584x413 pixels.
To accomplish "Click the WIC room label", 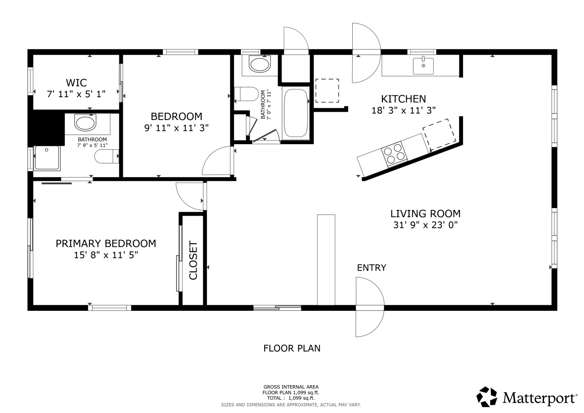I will (x=76, y=83).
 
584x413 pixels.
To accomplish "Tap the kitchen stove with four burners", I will (x=394, y=154).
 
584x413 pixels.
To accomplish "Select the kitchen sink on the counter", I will (x=423, y=66).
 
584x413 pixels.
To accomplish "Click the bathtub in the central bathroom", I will (x=296, y=113).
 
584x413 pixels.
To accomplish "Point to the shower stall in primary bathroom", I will (x=47, y=157).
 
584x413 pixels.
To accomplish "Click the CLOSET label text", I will (x=193, y=260).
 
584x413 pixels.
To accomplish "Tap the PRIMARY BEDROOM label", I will (x=106, y=244).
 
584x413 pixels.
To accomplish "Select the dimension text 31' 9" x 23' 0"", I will (x=425, y=225).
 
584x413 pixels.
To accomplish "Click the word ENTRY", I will (x=371, y=268).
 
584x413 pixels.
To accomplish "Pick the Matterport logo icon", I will (x=487, y=397).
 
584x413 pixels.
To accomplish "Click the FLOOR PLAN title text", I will (x=292, y=349).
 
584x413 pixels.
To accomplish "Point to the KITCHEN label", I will (x=403, y=99).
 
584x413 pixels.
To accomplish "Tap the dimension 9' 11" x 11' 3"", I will (x=177, y=128).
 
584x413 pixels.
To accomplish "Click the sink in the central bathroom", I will (x=260, y=64).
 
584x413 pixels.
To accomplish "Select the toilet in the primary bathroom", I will (x=106, y=157).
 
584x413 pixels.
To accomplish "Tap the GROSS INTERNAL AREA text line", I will (x=291, y=387).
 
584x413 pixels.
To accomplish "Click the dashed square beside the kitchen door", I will (x=327, y=90).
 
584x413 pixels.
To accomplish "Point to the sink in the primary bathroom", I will (x=86, y=123).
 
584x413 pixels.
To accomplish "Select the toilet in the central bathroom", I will (x=246, y=94).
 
